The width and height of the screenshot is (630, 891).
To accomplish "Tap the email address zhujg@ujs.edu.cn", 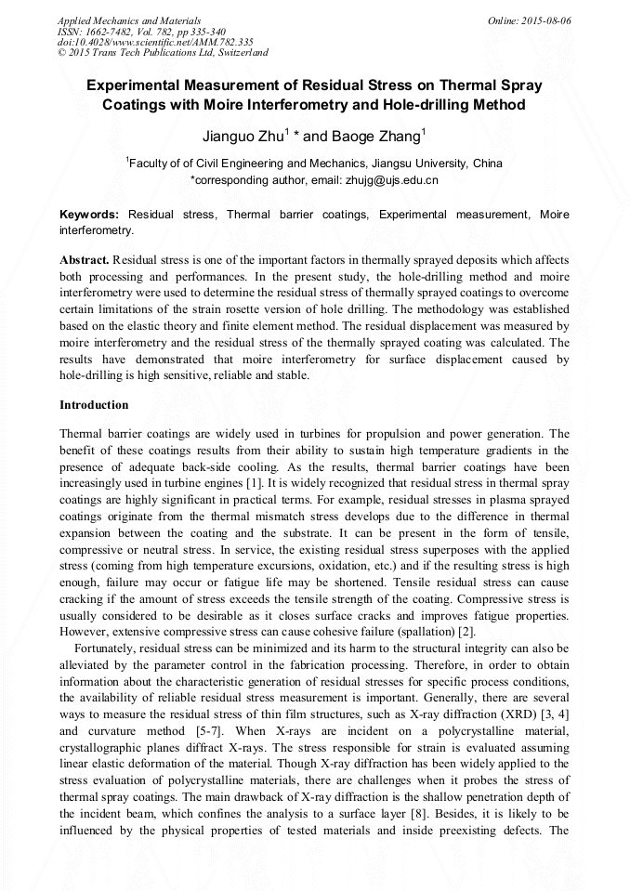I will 380,178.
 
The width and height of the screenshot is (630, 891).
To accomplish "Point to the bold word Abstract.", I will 85,258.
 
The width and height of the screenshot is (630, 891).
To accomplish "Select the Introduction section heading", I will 94,405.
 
